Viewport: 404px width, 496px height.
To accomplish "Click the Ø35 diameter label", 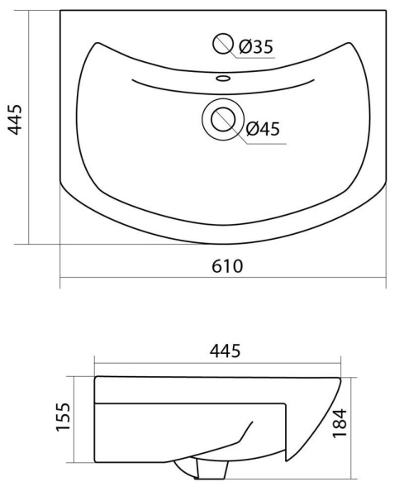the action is coord(256,47).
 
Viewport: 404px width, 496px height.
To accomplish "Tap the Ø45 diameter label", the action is coord(263,128).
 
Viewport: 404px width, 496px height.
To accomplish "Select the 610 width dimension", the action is coord(227,266).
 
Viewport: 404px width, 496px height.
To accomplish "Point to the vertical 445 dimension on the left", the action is coord(15,120).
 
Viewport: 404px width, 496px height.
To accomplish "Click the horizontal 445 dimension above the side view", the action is coord(225,351).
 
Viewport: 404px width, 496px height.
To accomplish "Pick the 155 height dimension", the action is coord(63,417).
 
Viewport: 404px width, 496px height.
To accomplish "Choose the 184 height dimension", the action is coord(340,423).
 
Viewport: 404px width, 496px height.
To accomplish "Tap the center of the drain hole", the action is coord(223,119).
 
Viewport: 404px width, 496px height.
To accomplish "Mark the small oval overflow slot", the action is coord(223,78).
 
